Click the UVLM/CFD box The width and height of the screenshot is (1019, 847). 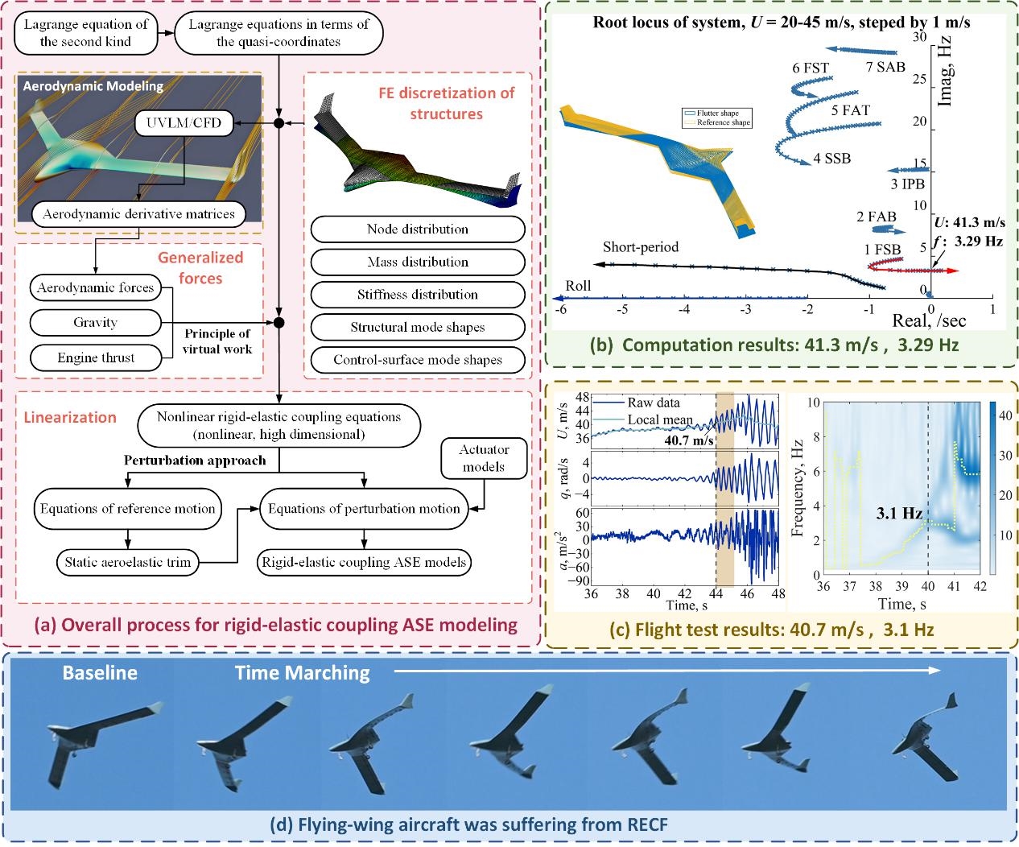click(179, 123)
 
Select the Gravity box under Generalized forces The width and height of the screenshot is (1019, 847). click(95, 323)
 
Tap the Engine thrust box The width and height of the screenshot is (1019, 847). click(96, 357)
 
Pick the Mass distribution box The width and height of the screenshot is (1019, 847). click(418, 262)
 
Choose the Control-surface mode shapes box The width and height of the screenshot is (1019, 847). click(418, 360)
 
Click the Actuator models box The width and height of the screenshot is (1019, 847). click(484, 458)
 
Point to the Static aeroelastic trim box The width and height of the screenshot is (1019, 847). click(128, 562)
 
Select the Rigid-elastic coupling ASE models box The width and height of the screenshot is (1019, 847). click(364, 562)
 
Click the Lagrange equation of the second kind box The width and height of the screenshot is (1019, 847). click(85, 33)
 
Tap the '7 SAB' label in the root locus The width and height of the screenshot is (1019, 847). click(885, 67)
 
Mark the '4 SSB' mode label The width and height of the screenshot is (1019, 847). click(831, 159)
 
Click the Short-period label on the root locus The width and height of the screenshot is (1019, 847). click(641, 247)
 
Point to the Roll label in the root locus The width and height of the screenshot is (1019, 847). click(578, 286)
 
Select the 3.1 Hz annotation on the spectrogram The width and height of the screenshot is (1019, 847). click(898, 513)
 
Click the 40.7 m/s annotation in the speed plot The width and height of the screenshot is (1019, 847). click(688, 440)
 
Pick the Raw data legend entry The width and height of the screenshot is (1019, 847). click(653, 403)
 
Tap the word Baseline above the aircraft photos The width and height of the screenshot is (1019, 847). click(100, 672)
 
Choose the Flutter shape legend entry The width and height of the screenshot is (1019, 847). click(717, 114)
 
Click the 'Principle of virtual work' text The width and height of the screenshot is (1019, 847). click(217, 341)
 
